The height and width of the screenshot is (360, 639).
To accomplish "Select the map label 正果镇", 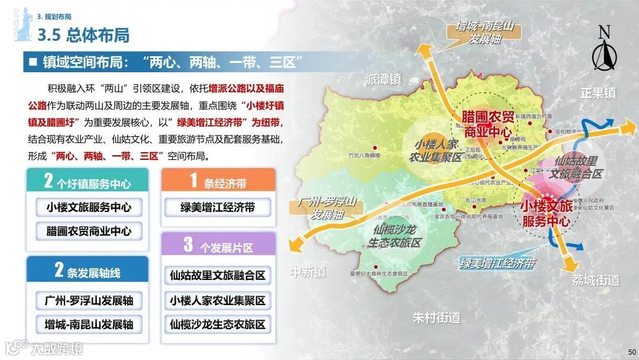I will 598,93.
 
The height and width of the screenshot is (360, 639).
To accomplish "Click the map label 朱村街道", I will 436,318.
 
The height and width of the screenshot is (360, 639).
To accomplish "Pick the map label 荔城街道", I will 595,280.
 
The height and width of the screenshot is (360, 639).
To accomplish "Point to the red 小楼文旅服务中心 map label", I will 546,214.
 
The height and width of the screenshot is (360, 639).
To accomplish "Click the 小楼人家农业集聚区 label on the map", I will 437,151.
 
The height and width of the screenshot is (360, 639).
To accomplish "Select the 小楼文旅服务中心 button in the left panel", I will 89,207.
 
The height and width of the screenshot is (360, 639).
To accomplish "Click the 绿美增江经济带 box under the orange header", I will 218,207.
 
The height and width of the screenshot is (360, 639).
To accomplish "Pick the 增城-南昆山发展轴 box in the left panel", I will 89,324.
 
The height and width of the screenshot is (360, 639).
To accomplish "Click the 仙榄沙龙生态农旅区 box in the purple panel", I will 218,324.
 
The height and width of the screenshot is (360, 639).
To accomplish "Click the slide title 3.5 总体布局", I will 83,36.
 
